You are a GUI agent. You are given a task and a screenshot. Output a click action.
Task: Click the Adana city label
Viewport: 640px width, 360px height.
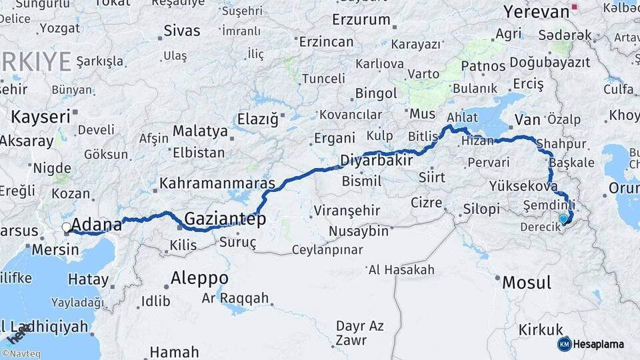pos(96,224)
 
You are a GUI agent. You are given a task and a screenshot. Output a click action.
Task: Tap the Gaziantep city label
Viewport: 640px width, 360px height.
pos(225,219)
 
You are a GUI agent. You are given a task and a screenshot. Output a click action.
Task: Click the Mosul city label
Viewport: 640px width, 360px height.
pos(527,282)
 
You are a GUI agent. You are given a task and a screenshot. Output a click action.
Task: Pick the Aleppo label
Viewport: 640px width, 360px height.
pos(199,277)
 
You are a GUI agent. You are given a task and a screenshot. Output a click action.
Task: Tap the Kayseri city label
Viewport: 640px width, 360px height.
pos(41,118)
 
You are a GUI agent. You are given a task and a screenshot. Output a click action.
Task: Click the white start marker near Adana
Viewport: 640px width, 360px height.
pos(66,227)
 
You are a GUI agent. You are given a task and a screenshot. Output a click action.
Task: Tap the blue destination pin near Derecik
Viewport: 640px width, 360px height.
pos(564,218)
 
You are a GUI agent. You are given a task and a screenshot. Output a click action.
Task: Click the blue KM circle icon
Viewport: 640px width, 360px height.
pos(564,344)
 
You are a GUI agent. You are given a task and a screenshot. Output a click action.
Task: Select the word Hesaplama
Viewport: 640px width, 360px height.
pos(599,345)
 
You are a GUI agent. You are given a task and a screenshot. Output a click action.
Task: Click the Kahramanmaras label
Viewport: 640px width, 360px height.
pos(217,183)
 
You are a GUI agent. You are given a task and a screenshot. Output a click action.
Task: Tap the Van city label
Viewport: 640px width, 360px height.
pos(527,120)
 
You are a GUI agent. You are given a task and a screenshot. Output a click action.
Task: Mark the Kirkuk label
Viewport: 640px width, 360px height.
pos(541,329)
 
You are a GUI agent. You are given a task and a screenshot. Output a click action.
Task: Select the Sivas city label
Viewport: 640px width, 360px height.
pos(181,31)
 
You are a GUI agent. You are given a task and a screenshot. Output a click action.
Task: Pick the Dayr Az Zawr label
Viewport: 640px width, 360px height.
pos(359,333)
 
